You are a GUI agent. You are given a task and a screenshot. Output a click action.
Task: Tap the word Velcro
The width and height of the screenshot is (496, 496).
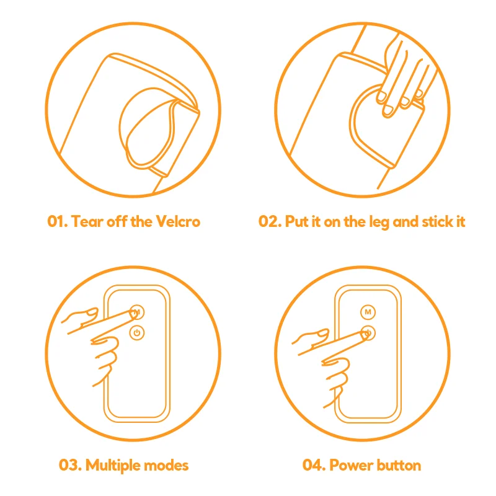pyautogui.click(x=178, y=221)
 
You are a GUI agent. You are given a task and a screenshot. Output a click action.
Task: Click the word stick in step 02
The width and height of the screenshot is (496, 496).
pyautogui.click(x=438, y=221)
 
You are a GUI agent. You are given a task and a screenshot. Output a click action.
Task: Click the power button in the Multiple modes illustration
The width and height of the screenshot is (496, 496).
pyautogui.click(x=137, y=333)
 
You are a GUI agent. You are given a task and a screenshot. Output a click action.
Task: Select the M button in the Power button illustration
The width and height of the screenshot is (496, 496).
pyautogui.click(x=368, y=312)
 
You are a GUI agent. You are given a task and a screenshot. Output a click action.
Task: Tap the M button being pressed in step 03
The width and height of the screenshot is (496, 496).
pyautogui.click(x=137, y=312)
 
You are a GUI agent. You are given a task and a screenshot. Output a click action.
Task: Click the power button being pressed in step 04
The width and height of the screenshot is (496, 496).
pyautogui.click(x=368, y=333)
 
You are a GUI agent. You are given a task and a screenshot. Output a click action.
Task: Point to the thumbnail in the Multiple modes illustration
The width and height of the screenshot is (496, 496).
pyautogui.click(x=92, y=313)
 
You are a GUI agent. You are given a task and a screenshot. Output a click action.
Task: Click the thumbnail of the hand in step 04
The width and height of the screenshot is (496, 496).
pyautogui.click(x=323, y=333)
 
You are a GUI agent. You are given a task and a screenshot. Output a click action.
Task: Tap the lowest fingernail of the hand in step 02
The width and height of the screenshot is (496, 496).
pyautogui.click(x=388, y=110)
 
